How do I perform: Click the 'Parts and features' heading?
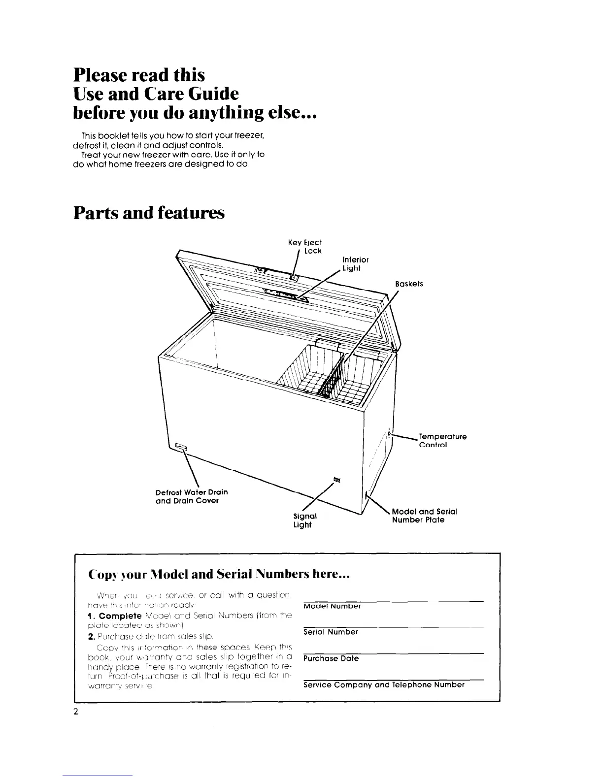(149, 213)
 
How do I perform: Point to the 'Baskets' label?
(409, 284)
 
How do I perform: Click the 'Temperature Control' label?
(442, 441)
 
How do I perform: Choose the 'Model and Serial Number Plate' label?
(425, 516)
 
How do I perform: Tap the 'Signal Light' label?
(305, 520)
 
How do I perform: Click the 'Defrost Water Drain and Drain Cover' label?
(192, 496)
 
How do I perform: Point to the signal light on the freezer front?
(336, 478)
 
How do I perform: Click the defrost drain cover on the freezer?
(181, 447)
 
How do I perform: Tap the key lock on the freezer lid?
(294, 278)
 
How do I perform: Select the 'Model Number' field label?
(332, 606)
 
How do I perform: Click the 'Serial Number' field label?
(331, 632)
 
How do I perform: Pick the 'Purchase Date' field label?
(331, 658)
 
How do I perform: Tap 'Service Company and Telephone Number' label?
(384, 684)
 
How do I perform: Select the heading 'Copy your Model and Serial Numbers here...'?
(219, 575)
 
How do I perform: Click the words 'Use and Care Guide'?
(156, 94)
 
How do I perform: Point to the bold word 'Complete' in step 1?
(120, 616)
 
